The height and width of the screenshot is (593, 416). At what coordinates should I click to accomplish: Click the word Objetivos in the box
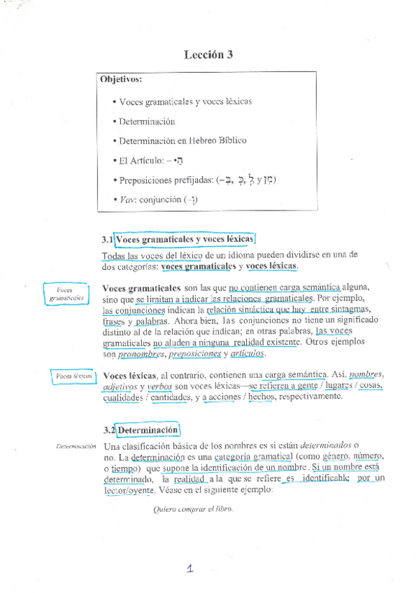point(121,80)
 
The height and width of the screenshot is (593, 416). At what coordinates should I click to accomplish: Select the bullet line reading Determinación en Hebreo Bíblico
point(182,140)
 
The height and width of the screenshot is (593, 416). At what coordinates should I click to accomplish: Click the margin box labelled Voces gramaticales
point(67,294)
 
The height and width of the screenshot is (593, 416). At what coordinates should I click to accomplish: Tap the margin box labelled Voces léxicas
point(73,376)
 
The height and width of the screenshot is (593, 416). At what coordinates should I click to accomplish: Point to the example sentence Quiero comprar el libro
point(192,508)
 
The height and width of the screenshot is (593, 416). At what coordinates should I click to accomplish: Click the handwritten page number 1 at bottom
point(189,569)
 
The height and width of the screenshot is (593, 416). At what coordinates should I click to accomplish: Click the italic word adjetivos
point(120,387)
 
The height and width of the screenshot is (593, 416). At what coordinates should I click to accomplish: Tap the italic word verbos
point(160,387)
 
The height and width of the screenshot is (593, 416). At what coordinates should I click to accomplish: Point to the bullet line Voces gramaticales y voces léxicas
point(185,101)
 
